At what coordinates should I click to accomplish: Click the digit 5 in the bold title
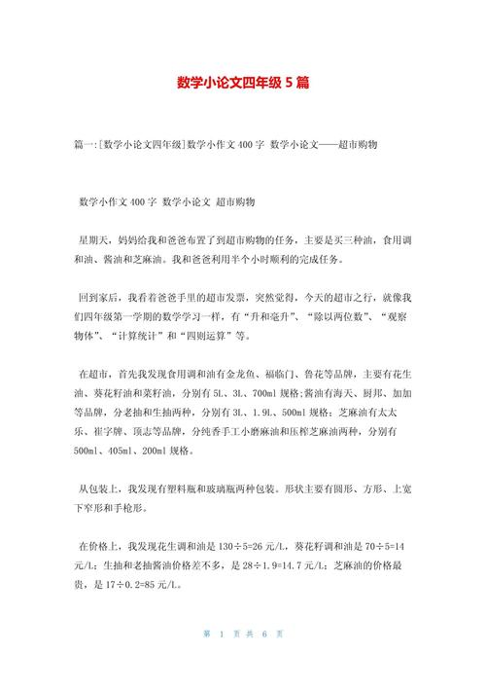point(287,84)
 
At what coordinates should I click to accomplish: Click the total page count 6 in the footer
point(264,662)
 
